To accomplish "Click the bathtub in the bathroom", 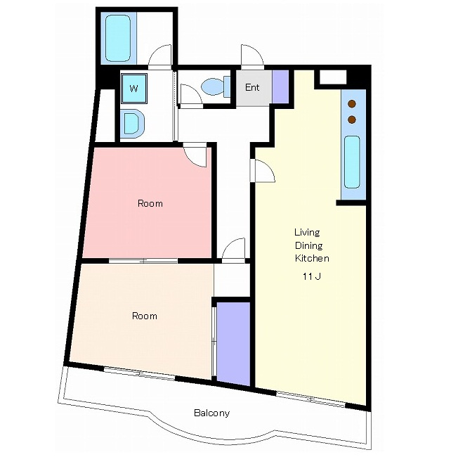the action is [x=118, y=38].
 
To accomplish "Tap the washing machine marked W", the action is [x=133, y=89].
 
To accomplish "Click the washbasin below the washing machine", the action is [x=133, y=123].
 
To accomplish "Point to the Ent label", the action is [x=252, y=87].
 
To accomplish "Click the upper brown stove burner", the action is [x=352, y=104].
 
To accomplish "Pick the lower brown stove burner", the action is [x=352, y=120].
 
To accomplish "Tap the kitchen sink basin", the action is [x=352, y=162].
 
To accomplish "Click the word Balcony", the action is [x=211, y=413].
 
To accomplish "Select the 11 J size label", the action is [x=312, y=276].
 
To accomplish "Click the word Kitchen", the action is [x=312, y=258].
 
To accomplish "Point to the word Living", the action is [x=307, y=233].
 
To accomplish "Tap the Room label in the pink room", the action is [x=150, y=203].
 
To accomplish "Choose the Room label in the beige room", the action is [x=145, y=316].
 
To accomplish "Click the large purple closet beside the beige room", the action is [x=233, y=344].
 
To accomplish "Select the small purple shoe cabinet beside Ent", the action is [x=281, y=86].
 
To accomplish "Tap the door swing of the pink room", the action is [x=195, y=155].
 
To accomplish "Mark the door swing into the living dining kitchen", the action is [x=263, y=171].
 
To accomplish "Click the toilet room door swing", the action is [x=191, y=94].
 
